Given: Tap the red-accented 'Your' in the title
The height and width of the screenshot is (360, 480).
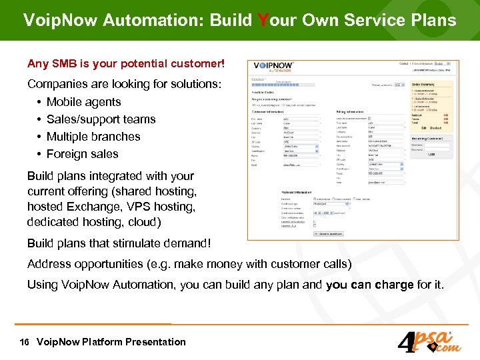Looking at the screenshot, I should (x=273, y=20).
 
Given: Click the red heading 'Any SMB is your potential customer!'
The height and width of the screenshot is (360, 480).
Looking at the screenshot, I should (x=126, y=65).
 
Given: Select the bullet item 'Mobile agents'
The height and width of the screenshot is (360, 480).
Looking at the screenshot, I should (x=83, y=102).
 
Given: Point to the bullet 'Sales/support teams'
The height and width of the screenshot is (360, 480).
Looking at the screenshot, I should (x=101, y=119).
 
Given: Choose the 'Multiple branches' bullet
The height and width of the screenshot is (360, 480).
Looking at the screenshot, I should (x=93, y=137).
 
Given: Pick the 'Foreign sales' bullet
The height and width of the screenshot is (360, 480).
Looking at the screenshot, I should (x=82, y=154).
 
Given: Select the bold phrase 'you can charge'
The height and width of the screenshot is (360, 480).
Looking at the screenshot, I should (x=369, y=285).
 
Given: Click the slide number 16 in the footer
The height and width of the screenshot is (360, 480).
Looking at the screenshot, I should (x=25, y=342).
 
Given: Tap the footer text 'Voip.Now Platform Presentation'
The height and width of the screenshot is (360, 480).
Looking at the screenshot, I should (x=111, y=342).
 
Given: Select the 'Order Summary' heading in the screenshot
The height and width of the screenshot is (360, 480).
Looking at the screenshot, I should (x=424, y=85).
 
